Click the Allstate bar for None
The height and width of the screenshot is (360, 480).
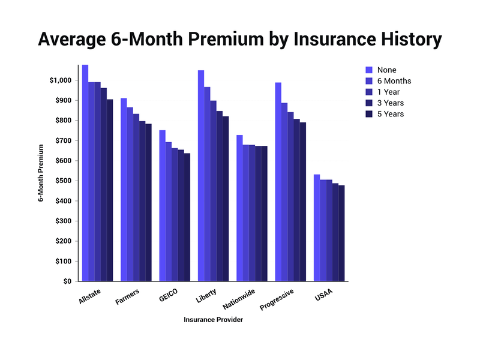click(85, 173)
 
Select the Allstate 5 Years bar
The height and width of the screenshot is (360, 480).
click(110, 190)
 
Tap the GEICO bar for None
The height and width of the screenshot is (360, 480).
click(163, 206)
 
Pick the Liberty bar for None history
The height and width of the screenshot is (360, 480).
click(201, 176)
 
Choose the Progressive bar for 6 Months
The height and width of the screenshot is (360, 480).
click(284, 192)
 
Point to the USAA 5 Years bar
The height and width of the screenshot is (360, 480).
click(341, 233)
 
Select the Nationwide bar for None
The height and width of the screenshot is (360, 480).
click(239, 208)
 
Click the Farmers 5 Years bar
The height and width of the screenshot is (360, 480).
click(148, 203)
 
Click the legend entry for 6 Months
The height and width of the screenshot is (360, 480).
click(388, 81)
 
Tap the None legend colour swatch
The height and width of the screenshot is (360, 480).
click(369, 70)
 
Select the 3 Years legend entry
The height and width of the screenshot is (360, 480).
click(385, 103)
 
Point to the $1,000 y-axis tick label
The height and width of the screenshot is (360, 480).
click(61, 80)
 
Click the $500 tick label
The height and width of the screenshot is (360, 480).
click(64, 181)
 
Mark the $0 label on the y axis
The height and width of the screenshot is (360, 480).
click(67, 281)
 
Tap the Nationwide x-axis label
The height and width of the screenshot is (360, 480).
click(239, 299)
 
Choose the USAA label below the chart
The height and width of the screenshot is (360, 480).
click(323, 295)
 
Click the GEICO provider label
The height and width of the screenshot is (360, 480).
click(169, 295)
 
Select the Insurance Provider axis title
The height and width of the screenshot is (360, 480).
click(214, 320)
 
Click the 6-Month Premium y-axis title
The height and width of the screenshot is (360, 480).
click(41, 173)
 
